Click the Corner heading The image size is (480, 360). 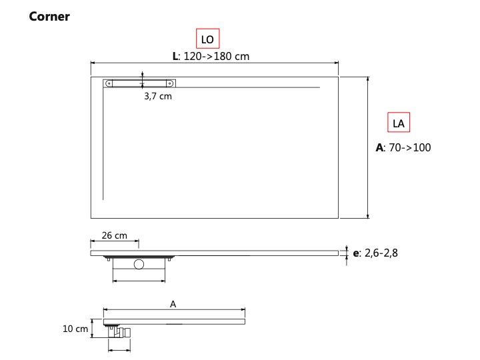tap(49, 17)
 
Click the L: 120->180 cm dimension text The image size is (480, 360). tap(211, 56)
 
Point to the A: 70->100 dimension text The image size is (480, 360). tap(403, 147)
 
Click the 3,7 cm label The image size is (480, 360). tap(158, 97)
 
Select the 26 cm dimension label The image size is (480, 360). tap(114, 235)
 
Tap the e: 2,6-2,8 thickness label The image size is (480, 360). tap(375, 253)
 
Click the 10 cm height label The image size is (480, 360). tap(75, 329)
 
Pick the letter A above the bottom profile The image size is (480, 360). tap(173, 304)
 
